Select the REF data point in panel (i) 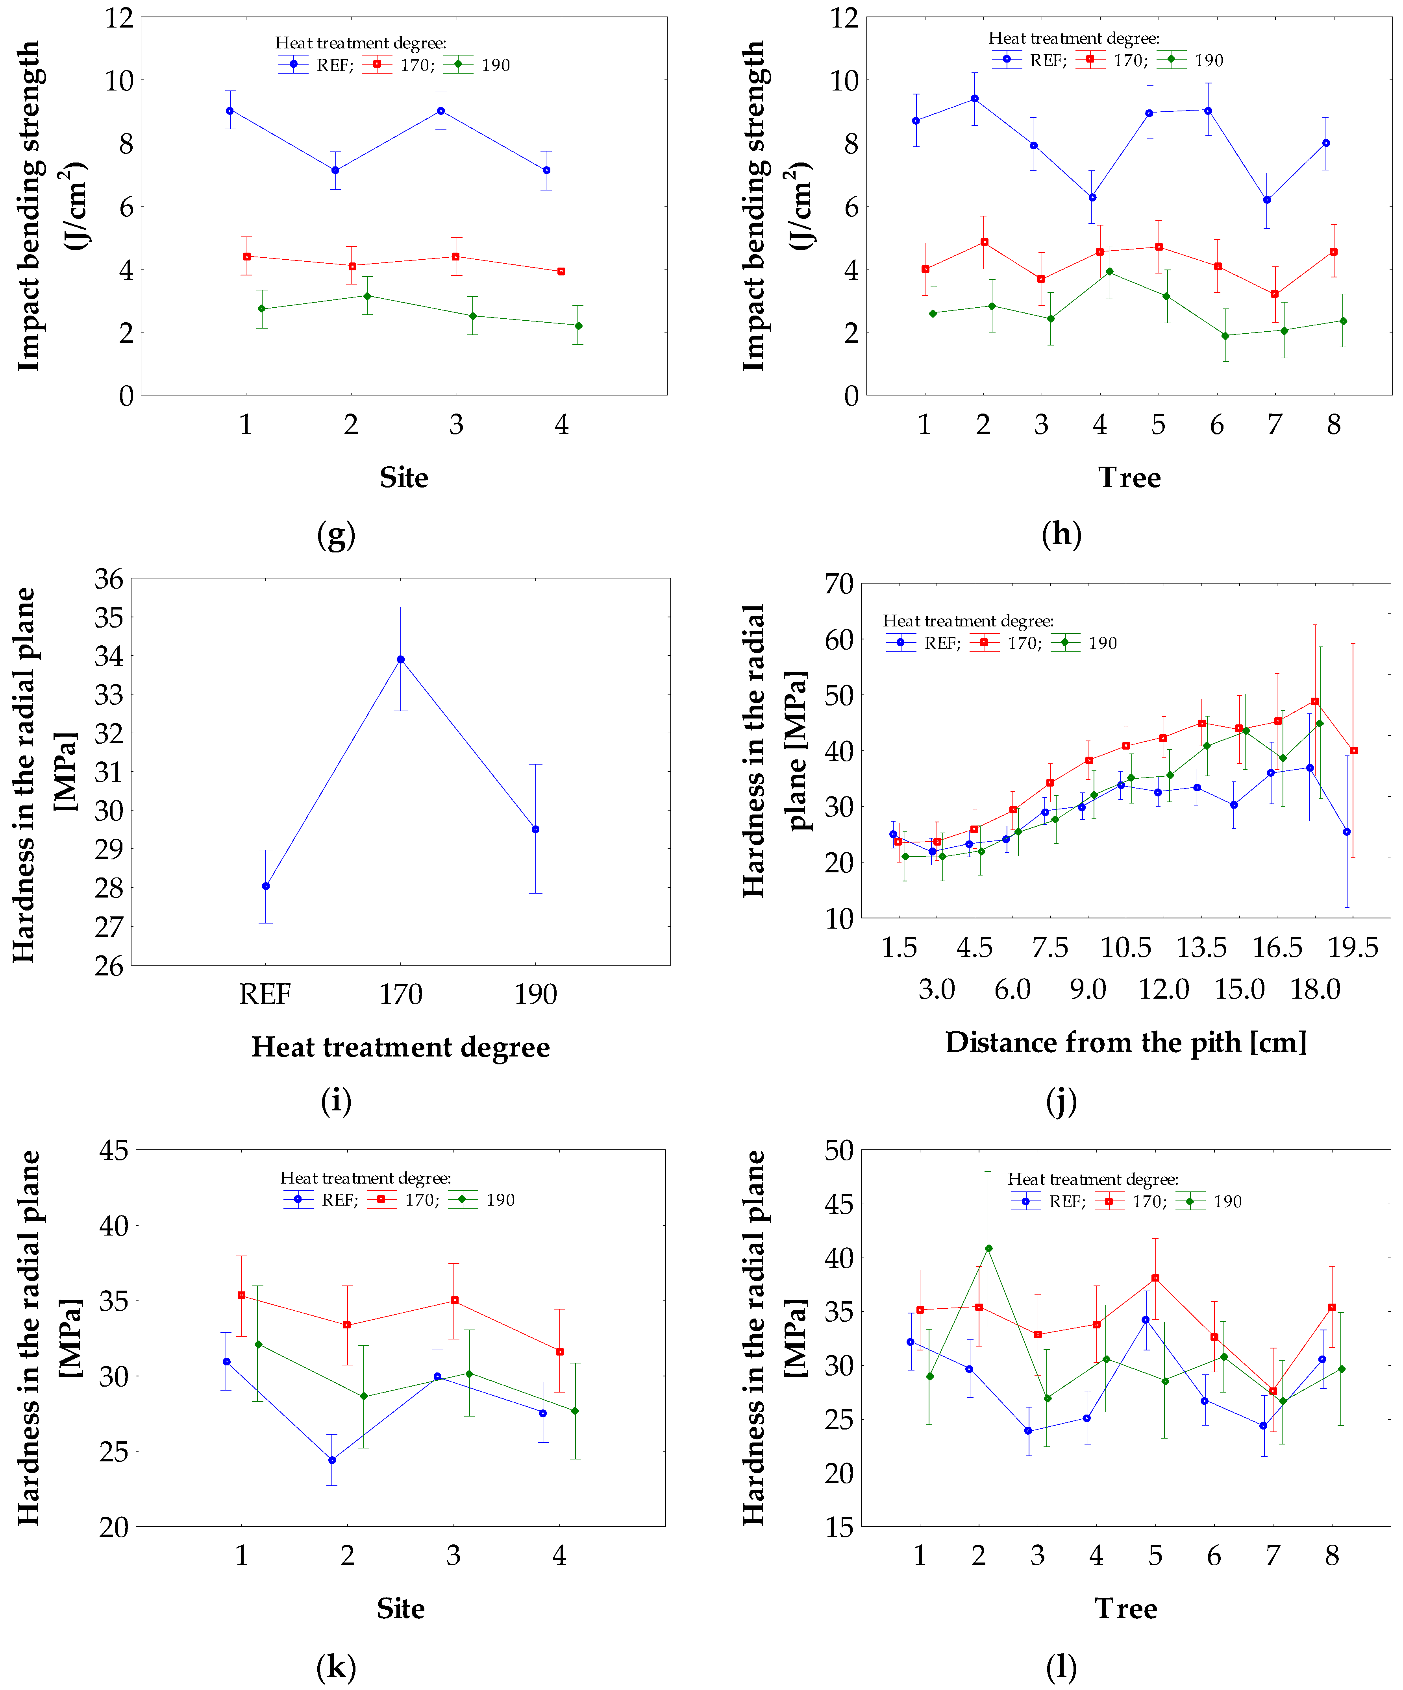[x=266, y=886]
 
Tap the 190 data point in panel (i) [x=535, y=829]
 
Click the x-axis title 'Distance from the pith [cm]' [x=1125, y=1042]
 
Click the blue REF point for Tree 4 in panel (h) [x=1092, y=197]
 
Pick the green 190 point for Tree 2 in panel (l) [x=988, y=1248]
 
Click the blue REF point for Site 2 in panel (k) [x=331, y=1460]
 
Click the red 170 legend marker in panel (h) [x=1091, y=59]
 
